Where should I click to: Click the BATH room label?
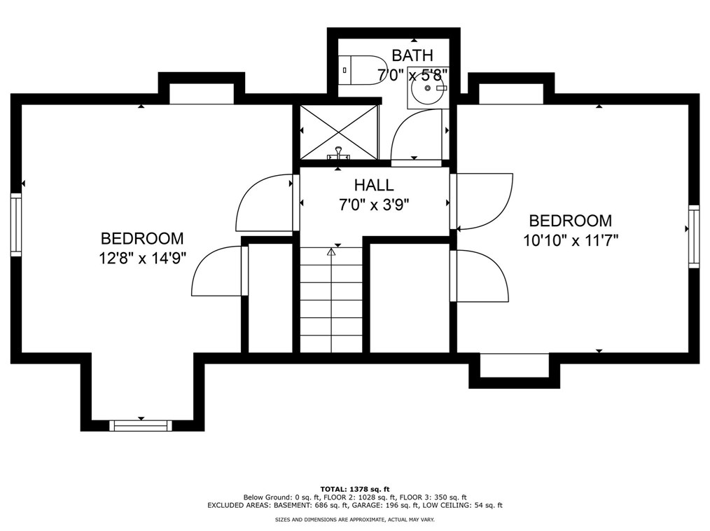[412, 55]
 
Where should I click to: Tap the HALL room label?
[374, 185]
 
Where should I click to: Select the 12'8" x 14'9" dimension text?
[143, 258]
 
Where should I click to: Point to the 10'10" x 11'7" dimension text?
[571, 240]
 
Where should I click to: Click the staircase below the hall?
[331, 300]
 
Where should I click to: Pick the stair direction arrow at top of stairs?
[331, 251]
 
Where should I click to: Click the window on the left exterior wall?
[16, 225]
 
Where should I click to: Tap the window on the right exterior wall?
[694, 236]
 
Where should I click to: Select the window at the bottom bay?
[141, 425]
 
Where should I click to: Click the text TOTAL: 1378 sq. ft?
[355, 489]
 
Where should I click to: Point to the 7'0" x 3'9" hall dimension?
[374, 205]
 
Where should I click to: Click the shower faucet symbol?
[338, 153]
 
